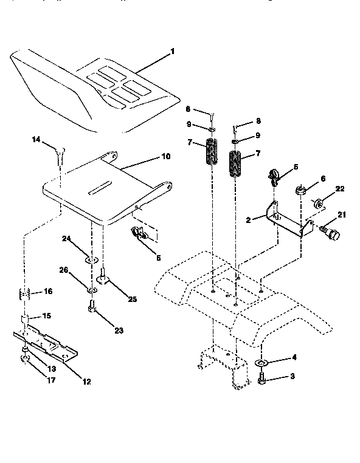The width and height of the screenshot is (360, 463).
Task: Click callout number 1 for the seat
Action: (x=172, y=52)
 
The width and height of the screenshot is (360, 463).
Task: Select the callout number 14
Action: (x=36, y=140)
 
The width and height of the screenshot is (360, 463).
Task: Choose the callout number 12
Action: (x=86, y=381)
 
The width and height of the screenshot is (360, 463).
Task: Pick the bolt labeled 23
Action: (x=92, y=310)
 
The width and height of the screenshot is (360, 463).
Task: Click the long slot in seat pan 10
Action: (x=104, y=191)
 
